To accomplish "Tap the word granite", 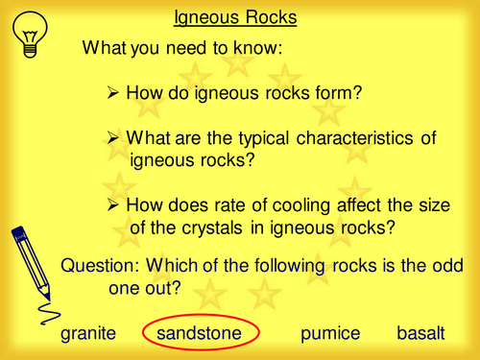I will (88, 333).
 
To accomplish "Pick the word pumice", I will (329, 333).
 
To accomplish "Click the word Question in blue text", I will (96, 266).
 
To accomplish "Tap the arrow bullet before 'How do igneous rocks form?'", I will (111, 92).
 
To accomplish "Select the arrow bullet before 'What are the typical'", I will (111, 138).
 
